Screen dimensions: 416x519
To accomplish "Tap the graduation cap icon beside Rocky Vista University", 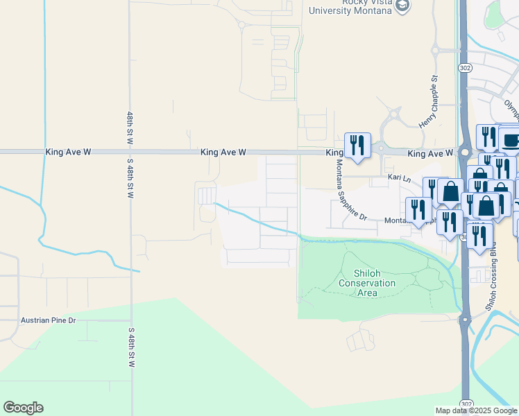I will (x=403, y=6).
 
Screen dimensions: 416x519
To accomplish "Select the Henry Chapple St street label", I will (x=427, y=102).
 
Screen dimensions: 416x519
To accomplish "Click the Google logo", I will (x=23, y=408).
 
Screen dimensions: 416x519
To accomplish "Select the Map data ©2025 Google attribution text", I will (x=476, y=410).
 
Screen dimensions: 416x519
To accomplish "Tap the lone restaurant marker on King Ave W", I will (x=357, y=145).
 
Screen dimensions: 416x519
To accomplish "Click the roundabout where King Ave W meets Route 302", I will (x=463, y=153).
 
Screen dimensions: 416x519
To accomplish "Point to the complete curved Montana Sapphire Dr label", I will (x=351, y=190).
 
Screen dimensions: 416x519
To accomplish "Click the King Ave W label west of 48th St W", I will (x=68, y=151).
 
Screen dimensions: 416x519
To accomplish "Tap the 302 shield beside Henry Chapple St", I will (x=465, y=68).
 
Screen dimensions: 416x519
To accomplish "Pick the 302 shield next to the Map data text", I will (x=466, y=403).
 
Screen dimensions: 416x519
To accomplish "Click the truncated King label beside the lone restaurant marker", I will (x=334, y=153).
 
